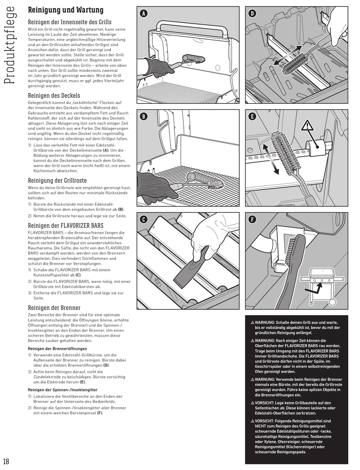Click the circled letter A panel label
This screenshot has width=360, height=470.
coord(143,14)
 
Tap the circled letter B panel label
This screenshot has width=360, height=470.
coord(143,116)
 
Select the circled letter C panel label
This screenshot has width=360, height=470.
coord(143,219)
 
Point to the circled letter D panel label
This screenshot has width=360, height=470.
coord(252,14)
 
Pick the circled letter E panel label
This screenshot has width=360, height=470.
coord(252,116)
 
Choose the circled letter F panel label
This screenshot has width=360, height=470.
coord(252,219)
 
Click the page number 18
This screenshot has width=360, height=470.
coord(6,461)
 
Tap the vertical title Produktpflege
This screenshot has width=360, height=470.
coord(11,45)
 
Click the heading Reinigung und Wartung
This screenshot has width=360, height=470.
coord(66,10)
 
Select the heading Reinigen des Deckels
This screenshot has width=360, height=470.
coord(54,95)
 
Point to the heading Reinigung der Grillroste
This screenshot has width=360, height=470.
coord(57,180)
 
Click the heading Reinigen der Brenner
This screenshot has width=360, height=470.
coord(54,308)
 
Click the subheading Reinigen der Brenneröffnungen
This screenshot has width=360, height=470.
coord(57,348)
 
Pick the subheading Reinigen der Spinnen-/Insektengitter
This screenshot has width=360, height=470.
coord(63,390)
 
